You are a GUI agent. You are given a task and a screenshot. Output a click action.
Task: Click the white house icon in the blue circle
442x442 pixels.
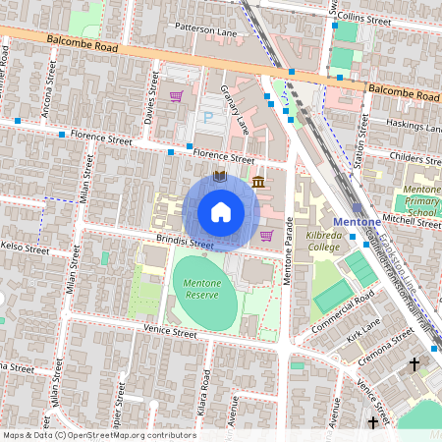221,212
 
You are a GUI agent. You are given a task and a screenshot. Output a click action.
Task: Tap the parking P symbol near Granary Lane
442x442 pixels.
207,117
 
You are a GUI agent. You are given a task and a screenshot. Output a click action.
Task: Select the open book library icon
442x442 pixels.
220,176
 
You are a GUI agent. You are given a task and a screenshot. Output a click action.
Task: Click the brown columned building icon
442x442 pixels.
258,183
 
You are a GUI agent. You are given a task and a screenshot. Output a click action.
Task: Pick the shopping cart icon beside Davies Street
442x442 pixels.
177,96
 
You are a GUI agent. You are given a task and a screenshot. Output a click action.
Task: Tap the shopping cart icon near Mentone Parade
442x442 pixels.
267,235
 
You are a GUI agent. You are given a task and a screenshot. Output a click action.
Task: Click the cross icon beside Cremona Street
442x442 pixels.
414,364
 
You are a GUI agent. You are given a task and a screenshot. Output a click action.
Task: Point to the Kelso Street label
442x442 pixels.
25,248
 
